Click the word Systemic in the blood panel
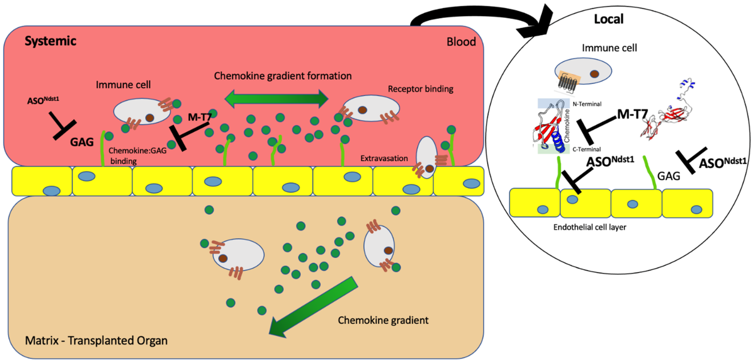[x=50, y=41]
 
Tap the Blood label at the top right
[x=461, y=42]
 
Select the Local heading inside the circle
[x=608, y=19]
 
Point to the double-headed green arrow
[x=276, y=99]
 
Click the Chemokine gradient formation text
[x=283, y=76]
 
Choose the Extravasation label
[x=384, y=158]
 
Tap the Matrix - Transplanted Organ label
[x=96, y=340]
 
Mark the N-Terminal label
[x=587, y=104]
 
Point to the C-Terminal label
[x=586, y=149]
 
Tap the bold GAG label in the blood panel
[x=82, y=142]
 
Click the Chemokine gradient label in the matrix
[x=383, y=320]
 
